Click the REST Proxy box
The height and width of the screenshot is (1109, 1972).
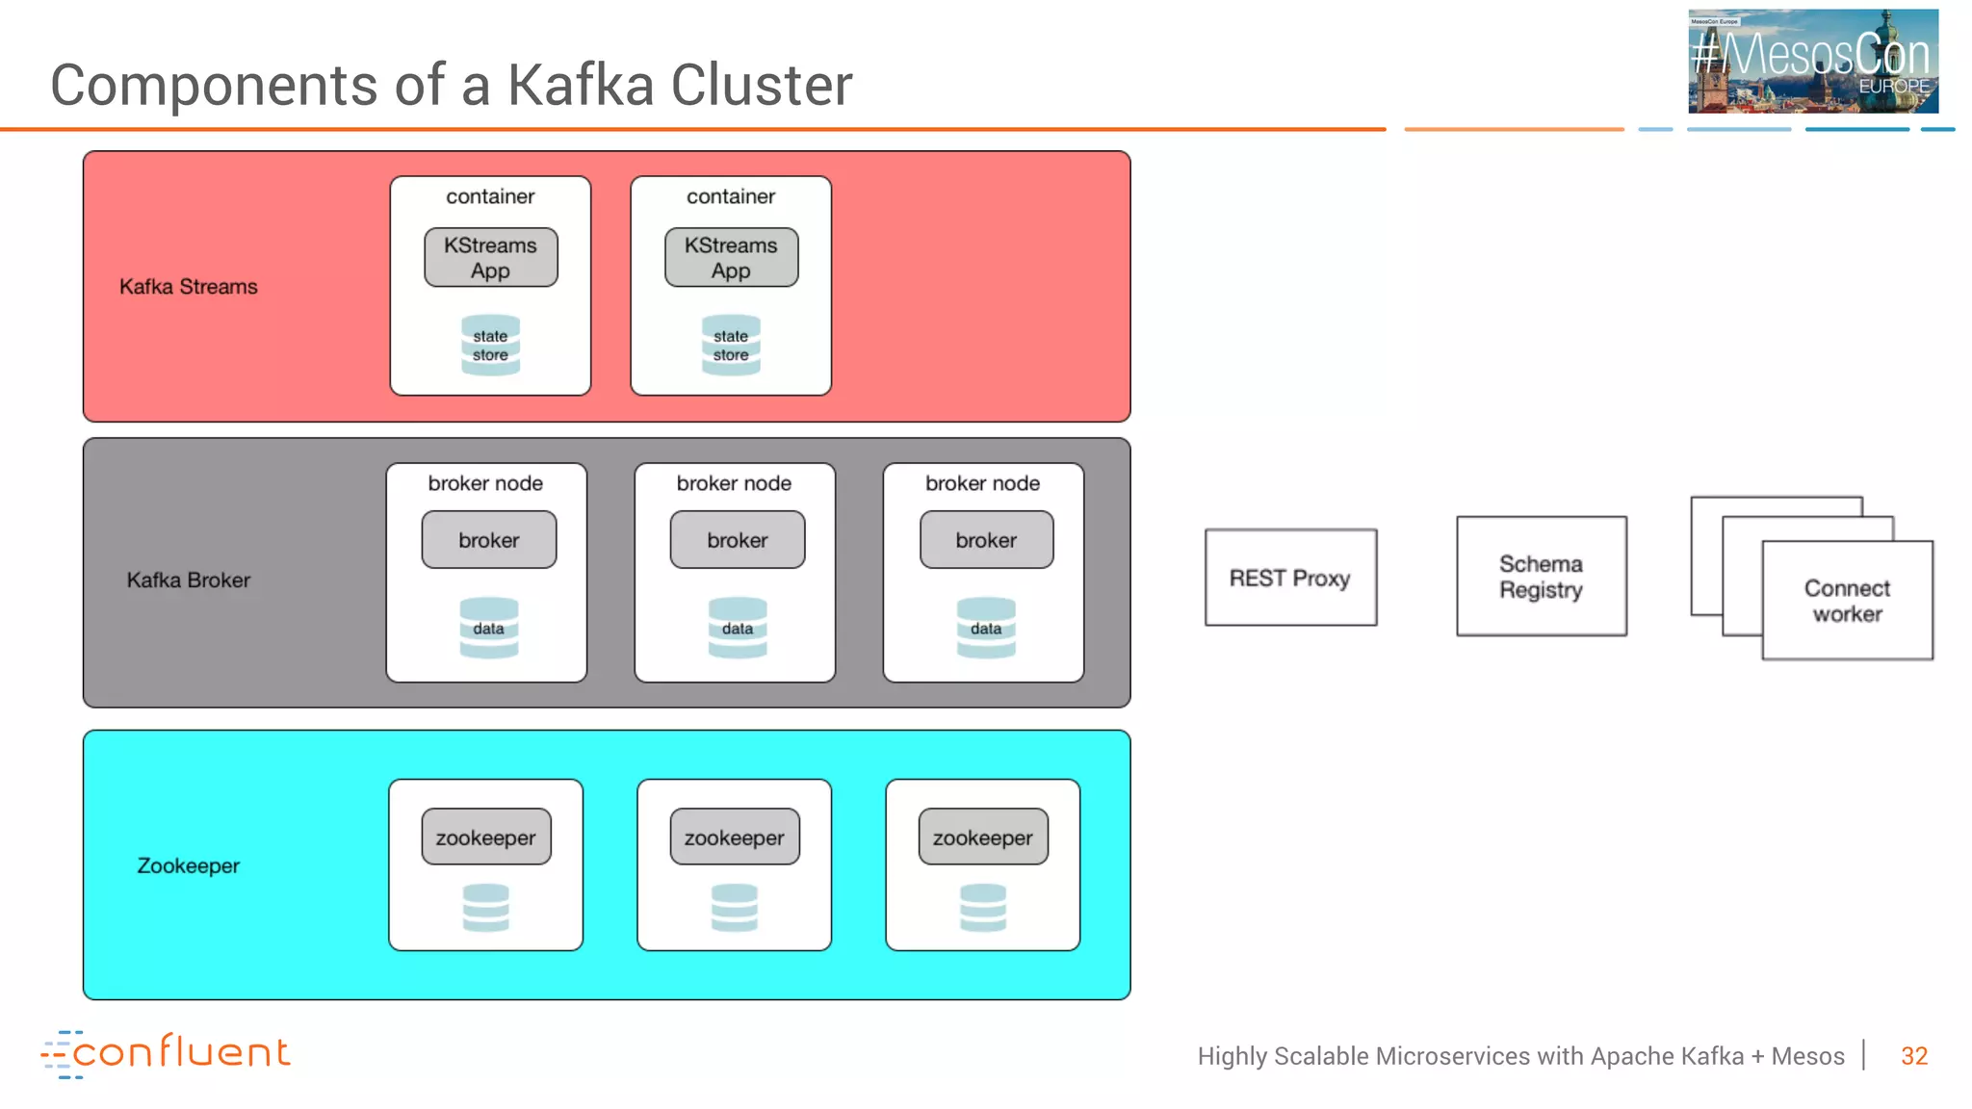click(x=1290, y=578)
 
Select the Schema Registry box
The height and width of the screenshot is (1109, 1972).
click(x=1541, y=577)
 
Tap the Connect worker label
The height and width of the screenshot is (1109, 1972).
click(x=1847, y=601)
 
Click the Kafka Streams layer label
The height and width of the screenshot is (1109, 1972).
click(x=189, y=287)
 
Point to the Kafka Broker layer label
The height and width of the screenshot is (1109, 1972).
click(x=189, y=580)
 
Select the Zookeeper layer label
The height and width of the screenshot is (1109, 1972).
click(x=189, y=865)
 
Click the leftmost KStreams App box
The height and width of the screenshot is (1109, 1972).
click(x=490, y=258)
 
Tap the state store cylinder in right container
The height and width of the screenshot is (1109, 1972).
click(x=731, y=345)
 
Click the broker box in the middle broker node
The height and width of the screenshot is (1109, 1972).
click(x=738, y=540)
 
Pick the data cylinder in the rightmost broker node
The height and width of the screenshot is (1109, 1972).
click(x=986, y=628)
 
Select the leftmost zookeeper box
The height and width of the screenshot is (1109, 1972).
click(x=486, y=838)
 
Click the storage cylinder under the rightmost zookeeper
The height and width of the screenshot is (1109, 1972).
click(x=983, y=907)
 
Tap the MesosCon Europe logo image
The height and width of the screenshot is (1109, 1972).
click(x=1812, y=62)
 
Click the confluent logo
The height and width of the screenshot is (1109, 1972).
click(x=166, y=1053)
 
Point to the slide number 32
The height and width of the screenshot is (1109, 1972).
click(x=1913, y=1056)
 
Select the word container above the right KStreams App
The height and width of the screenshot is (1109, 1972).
click(x=731, y=196)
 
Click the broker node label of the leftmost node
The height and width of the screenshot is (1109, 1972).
click(x=485, y=483)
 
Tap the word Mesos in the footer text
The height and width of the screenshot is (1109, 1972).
click(x=1807, y=1056)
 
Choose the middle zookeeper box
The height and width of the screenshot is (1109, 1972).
click(x=735, y=838)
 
